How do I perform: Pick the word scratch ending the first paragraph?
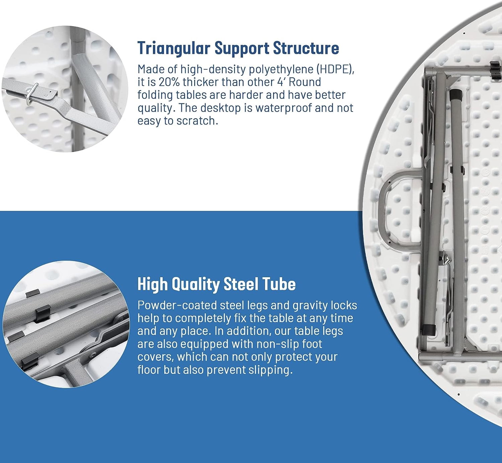[197, 121]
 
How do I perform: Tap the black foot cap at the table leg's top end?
[456, 93]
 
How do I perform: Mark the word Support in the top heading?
[242, 49]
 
